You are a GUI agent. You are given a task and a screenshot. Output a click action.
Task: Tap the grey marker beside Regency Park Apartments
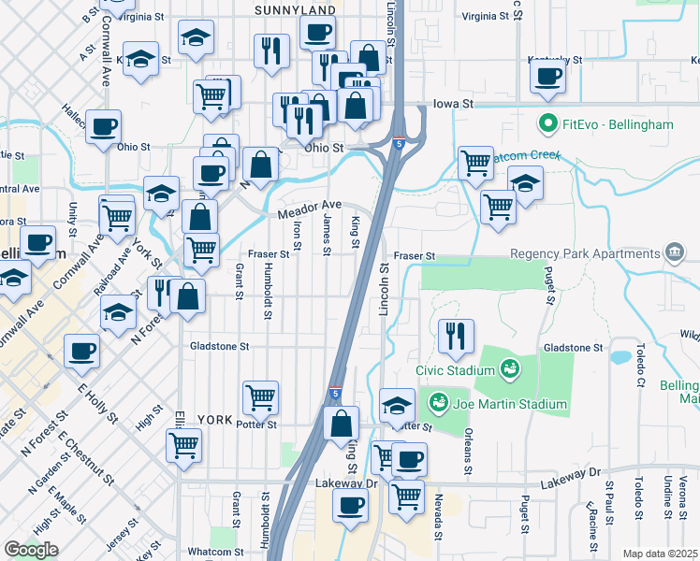click(673, 253)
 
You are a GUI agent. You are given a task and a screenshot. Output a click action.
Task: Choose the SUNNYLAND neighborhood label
click(295, 9)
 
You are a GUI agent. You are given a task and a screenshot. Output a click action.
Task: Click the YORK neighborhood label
click(215, 420)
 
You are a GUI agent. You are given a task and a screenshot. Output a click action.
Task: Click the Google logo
click(31, 549)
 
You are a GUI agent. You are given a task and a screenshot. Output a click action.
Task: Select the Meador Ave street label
click(310, 210)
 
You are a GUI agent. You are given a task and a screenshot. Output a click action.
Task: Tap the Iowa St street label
click(449, 105)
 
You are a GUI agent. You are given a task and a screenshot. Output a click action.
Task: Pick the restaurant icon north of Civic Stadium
click(456, 338)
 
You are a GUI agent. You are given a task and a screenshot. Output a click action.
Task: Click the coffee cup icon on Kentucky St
click(547, 78)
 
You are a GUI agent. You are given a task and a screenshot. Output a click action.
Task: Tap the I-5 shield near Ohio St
click(401, 143)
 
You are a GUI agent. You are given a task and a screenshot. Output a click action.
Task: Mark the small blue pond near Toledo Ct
click(619, 356)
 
